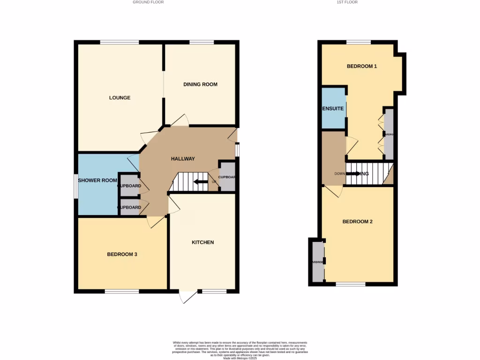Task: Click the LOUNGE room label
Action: click(x=120, y=98)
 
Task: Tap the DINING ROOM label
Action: click(x=200, y=84)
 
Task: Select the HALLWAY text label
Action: click(x=182, y=158)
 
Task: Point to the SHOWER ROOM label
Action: click(x=97, y=180)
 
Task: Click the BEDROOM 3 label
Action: click(x=122, y=255)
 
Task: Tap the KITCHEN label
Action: click(x=202, y=242)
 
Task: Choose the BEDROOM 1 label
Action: click(x=362, y=66)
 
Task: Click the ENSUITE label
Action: click(x=333, y=109)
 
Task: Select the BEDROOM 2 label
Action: click(x=357, y=222)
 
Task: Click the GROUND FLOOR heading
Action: click(x=148, y=2)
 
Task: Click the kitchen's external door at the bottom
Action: click(x=187, y=297)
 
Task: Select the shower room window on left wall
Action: click(x=75, y=187)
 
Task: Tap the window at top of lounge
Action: click(x=120, y=42)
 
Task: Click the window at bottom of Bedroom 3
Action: click(x=122, y=291)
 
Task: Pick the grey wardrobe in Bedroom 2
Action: click(x=317, y=261)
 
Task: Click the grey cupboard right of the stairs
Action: click(x=227, y=177)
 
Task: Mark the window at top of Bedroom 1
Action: click(x=359, y=42)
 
